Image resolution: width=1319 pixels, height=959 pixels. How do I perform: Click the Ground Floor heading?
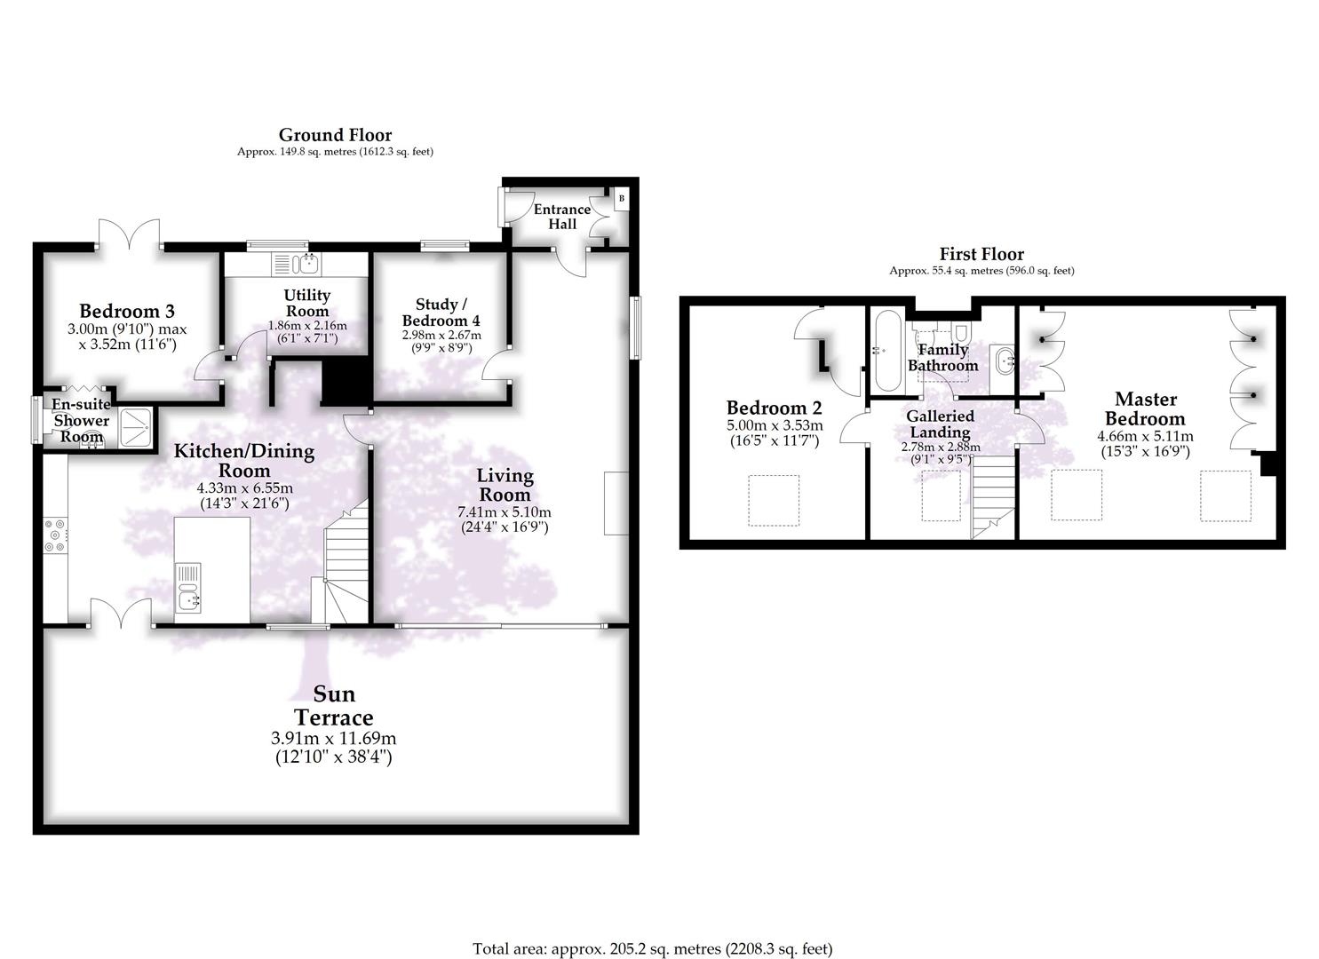[x=335, y=135]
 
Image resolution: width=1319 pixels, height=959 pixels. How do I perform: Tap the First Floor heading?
[x=981, y=254]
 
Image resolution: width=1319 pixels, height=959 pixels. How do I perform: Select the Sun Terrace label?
[x=333, y=706]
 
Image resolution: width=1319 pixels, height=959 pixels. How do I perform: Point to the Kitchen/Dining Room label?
[x=243, y=460]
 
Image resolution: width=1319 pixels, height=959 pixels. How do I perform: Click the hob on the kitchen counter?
[x=54, y=535]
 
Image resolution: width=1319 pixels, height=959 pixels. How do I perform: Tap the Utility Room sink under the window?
[x=307, y=264]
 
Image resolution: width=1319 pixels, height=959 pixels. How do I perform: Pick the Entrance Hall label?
[x=561, y=217]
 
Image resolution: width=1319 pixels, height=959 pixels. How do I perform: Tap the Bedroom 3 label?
[x=127, y=311]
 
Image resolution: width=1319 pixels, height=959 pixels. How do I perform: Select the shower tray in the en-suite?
[x=135, y=424]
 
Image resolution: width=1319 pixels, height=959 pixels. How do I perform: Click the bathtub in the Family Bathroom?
[x=886, y=351]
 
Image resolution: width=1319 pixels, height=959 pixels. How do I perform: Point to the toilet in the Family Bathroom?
[x=960, y=332]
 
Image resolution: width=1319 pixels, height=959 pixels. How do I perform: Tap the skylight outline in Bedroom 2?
[x=774, y=500]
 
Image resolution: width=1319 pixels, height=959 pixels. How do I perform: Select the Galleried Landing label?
[x=940, y=424]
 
